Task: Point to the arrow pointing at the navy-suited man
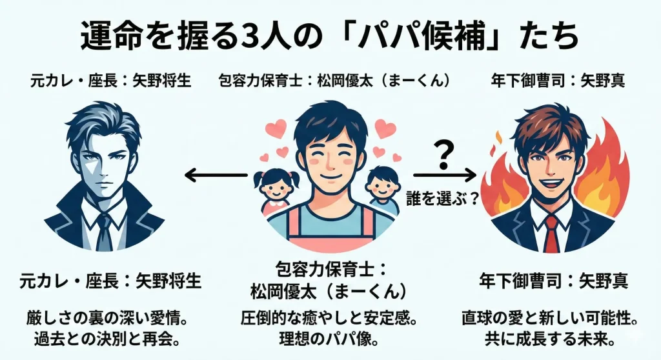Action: coord(216,174)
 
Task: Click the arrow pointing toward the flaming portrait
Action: coord(445,174)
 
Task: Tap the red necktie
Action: coord(550,233)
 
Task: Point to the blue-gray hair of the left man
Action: coord(103,126)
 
